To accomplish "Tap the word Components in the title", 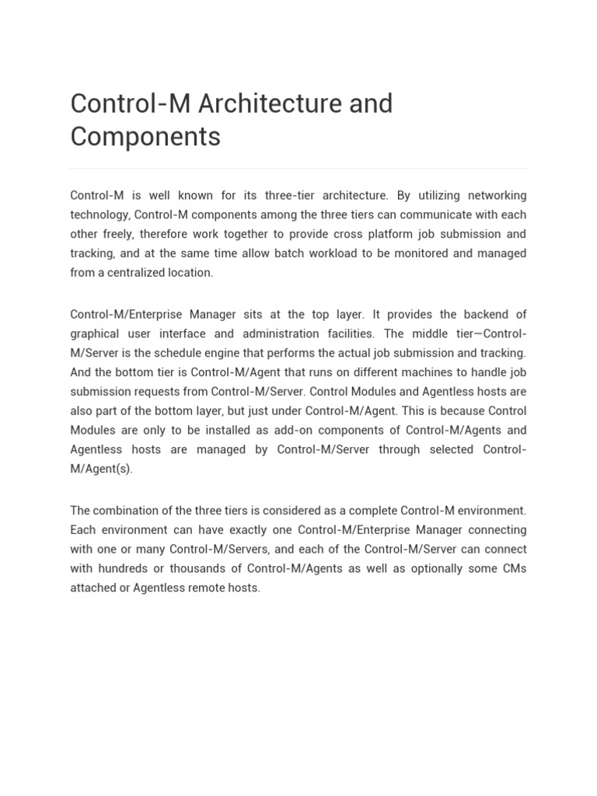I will point(145,137).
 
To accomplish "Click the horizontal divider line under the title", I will point(298,168).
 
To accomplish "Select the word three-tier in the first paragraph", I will point(292,195).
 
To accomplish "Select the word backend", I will point(486,315).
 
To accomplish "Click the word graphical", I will point(95,334).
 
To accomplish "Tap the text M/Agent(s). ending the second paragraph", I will point(101,470).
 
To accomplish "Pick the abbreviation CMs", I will point(513,569).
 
